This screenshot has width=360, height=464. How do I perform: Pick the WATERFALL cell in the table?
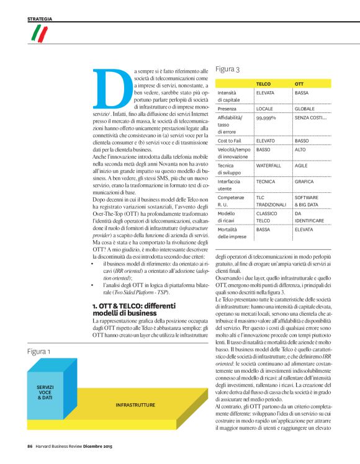click(x=269, y=166)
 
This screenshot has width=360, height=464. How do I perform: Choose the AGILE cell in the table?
click(x=302, y=166)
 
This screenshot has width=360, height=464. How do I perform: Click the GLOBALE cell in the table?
click(x=306, y=108)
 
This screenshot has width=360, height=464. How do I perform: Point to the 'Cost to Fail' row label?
click(x=230, y=141)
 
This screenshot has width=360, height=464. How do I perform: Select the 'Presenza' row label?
click(x=228, y=108)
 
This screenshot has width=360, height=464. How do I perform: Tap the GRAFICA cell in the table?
click(x=304, y=182)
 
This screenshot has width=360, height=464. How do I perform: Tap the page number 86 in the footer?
click(x=29, y=445)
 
